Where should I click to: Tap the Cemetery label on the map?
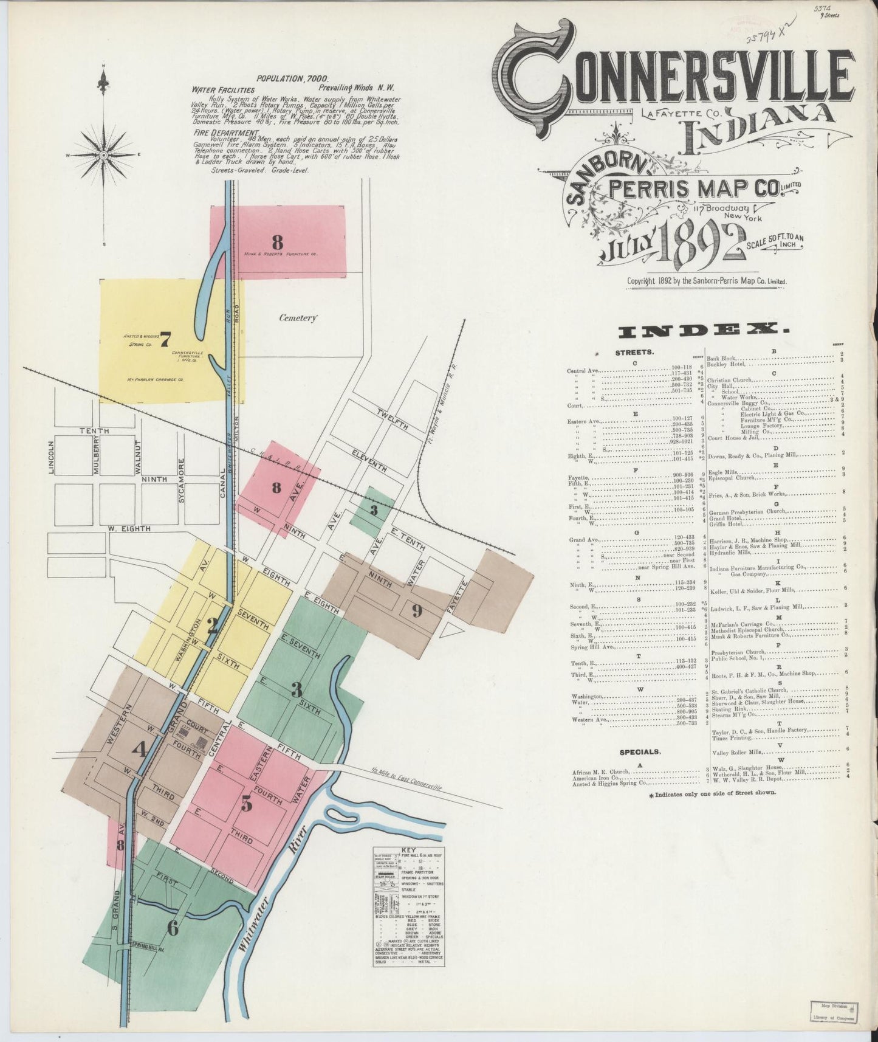click(298, 317)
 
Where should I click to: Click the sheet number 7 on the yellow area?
click(164, 340)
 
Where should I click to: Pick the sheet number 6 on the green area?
click(173, 928)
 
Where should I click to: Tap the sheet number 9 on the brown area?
click(417, 611)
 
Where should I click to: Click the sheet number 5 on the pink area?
click(245, 804)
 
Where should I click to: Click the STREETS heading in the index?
click(634, 352)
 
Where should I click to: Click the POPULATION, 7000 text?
click(292, 78)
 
